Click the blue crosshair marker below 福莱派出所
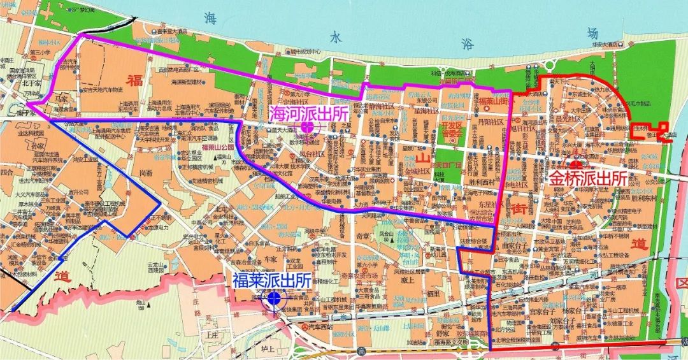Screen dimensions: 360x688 click(275, 298)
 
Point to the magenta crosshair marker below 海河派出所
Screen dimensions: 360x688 click(307, 127)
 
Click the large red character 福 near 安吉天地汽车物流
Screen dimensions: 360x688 click(134, 80)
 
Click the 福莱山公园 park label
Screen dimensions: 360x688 click(218, 147)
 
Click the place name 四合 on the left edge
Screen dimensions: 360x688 click(7, 172)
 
